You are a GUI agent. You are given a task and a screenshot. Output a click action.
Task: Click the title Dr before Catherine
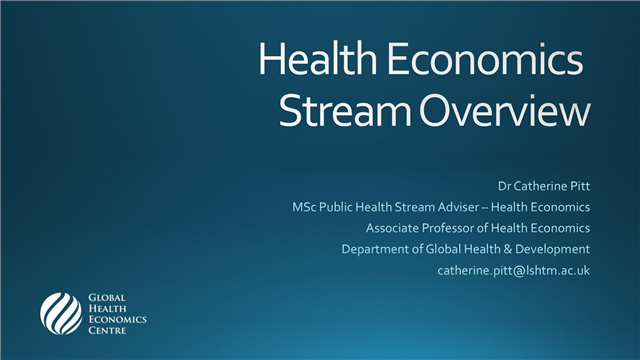click(x=505, y=186)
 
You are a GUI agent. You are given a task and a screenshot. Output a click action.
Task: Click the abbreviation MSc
click(x=291, y=207)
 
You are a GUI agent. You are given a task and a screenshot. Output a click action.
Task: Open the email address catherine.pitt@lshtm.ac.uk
click(x=514, y=270)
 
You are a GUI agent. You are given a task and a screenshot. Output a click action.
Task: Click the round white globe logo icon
click(x=60, y=313)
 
